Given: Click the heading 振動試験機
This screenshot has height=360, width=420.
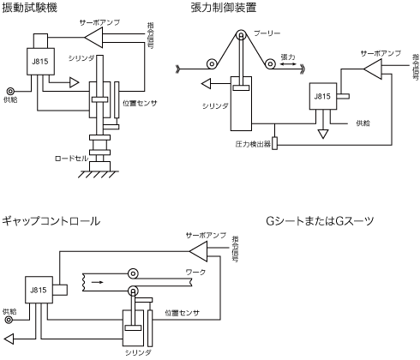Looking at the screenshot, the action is [29, 8].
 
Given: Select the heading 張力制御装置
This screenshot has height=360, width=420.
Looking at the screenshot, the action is [223, 8].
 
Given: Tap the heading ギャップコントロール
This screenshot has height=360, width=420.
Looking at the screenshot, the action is [51, 221].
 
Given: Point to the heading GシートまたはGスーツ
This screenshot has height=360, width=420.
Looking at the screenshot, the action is [320, 221].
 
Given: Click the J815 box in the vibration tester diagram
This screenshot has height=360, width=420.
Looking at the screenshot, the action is [40, 62].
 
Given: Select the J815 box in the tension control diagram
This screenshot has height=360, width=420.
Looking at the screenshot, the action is [323, 96].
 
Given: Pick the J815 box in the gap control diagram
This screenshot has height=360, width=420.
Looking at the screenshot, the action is [39, 290].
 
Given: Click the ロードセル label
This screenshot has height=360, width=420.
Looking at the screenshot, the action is [71, 159].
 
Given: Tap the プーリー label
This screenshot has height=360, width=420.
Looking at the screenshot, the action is [267, 33].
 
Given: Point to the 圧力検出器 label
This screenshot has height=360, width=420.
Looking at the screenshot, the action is [253, 144].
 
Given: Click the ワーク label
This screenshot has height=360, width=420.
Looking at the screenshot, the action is [195, 272].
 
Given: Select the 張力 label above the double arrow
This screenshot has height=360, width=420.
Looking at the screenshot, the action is [288, 57].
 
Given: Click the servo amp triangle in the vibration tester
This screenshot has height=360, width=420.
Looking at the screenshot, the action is [94, 37].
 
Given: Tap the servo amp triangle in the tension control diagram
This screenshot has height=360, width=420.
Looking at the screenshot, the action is [373, 69].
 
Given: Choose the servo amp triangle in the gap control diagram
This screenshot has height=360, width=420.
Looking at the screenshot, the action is [198, 251].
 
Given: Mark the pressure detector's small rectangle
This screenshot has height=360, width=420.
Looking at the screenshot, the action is [274, 143].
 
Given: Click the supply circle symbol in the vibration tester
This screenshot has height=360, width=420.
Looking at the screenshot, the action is [10, 92].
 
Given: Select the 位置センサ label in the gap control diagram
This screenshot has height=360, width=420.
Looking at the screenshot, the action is [183, 313].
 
